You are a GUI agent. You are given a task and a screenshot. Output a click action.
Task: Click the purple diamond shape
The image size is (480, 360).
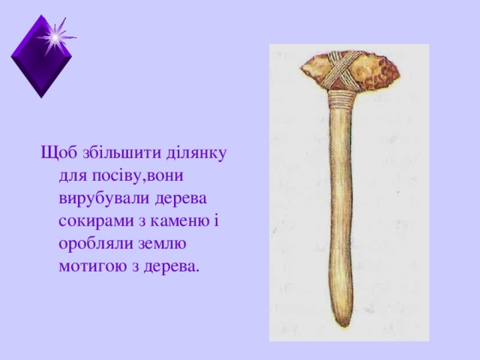pos(41,64)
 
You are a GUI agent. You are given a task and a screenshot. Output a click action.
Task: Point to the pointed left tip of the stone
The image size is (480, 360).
pos(302,71)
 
